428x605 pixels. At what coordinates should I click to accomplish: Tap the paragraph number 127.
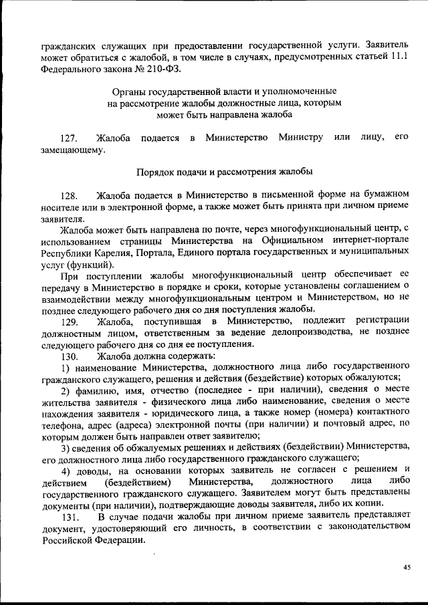pos(70,138)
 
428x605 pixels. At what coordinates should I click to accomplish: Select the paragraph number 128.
pos(70,196)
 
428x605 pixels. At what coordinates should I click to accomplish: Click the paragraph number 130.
pos(70,356)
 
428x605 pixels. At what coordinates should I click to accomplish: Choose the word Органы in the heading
pos(126,90)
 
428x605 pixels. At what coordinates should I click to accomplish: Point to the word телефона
pos(61,424)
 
